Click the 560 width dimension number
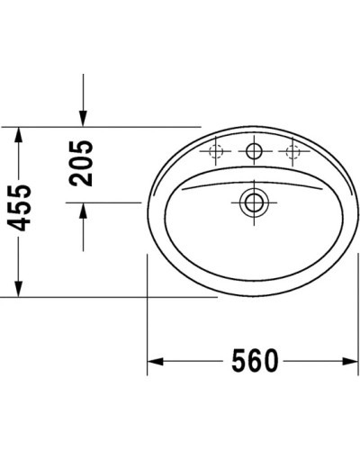tap(251, 361)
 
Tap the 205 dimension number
tap(82, 163)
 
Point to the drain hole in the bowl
tap(253, 202)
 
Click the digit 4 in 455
tap(20, 231)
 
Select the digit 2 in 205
tap(82, 178)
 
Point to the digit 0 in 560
tap(269, 361)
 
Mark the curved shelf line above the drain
tap(252, 177)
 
